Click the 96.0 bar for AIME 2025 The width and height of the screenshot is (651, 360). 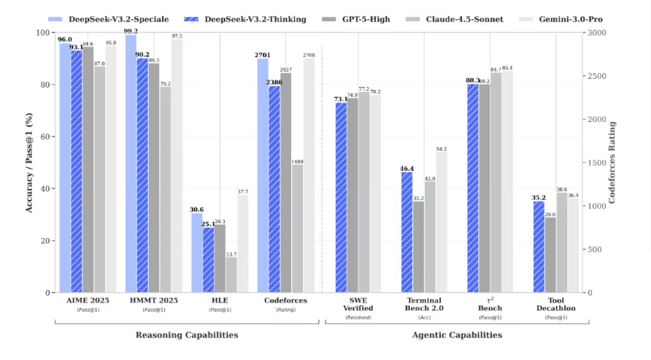[x=65, y=168]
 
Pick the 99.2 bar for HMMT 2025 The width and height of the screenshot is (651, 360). [x=131, y=164]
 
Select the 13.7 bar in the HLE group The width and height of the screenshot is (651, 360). [x=231, y=275]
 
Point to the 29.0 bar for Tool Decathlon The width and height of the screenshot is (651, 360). [x=550, y=255]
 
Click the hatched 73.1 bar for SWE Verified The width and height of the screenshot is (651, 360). [x=341, y=197]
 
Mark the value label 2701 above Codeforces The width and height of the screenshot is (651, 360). [x=263, y=55]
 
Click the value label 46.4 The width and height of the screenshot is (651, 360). [x=407, y=168]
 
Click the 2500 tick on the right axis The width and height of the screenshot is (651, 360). [x=596, y=76]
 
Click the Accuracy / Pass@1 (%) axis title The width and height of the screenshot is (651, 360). [x=30, y=162]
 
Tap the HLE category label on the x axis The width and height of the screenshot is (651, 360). [x=219, y=300]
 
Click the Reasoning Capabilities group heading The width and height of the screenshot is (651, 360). [x=187, y=334]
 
